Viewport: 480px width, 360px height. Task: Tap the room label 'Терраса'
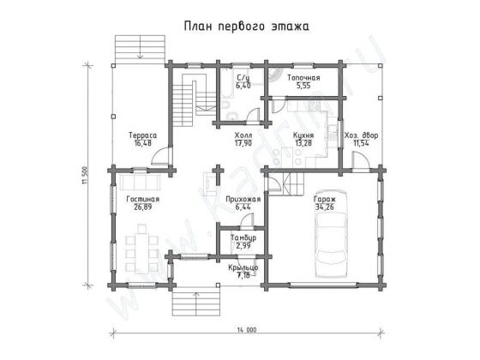tap(141, 135)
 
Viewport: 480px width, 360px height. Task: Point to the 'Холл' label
tap(243, 135)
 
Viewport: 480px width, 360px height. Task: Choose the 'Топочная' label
tap(303, 78)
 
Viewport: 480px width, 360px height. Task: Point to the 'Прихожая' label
tap(243, 198)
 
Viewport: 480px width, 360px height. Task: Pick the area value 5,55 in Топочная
tap(303, 87)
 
